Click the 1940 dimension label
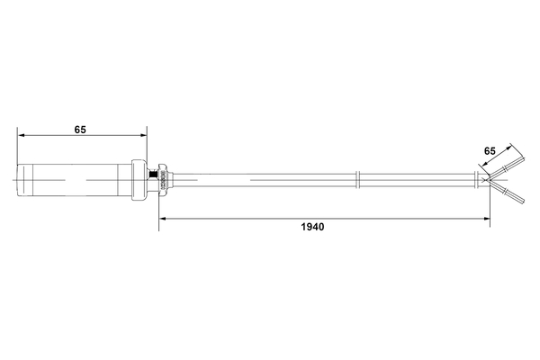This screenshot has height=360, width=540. (312, 227)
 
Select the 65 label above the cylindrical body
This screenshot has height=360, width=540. (80, 130)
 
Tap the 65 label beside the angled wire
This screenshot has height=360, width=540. (490, 151)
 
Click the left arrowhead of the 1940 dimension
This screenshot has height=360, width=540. (163, 219)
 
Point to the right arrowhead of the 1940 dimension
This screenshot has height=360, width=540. (486, 219)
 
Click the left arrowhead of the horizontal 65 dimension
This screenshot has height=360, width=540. (22, 135)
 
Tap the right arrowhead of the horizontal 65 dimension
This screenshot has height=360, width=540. (143, 135)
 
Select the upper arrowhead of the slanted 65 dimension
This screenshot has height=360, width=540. (508, 148)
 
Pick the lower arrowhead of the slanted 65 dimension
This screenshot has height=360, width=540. (485, 163)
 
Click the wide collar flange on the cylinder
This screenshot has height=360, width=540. (139, 180)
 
